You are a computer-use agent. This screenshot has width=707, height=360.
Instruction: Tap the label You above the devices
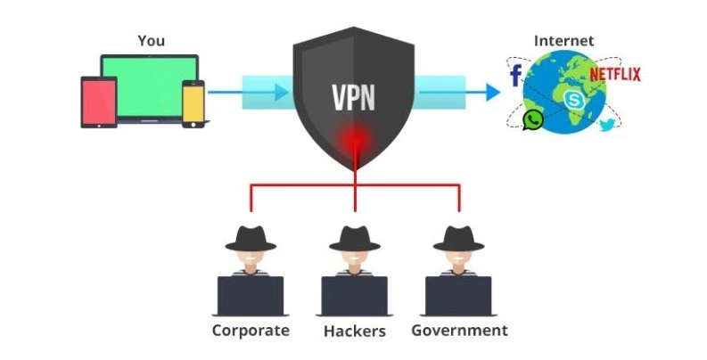(x=152, y=41)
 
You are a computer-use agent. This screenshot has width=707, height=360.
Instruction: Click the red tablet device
(x=99, y=102)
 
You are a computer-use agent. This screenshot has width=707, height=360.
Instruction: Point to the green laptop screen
(x=150, y=84)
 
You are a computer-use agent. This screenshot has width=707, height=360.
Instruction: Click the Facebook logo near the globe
(x=515, y=76)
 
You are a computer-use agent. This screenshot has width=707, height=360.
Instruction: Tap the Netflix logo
(x=616, y=72)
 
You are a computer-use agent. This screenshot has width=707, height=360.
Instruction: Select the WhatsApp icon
(x=533, y=121)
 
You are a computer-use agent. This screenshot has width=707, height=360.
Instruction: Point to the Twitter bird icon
(x=608, y=126)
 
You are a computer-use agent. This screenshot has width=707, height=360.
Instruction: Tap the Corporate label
(x=251, y=331)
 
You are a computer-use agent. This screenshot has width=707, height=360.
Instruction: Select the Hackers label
(x=356, y=331)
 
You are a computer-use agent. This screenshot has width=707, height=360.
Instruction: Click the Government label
(x=459, y=331)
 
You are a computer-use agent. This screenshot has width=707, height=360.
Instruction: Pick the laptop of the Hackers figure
(x=355, y=295)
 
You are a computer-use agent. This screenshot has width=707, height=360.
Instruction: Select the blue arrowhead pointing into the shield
(x=283, y=91)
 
